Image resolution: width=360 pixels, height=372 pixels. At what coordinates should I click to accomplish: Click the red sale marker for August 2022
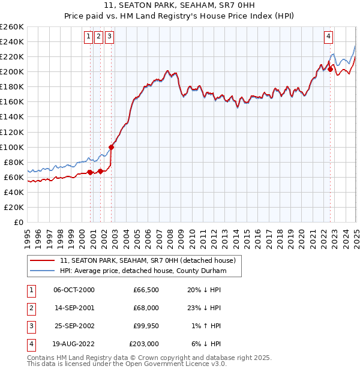(331, 69)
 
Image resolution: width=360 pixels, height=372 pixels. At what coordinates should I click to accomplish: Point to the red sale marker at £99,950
(111, 146)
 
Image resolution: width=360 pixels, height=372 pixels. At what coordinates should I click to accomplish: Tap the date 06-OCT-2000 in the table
(74, 290)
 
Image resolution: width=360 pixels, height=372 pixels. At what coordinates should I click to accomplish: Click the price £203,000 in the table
(144, 344)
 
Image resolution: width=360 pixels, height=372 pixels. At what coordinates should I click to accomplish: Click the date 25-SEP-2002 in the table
(74, 326)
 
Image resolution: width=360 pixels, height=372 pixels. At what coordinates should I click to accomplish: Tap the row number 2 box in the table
(29, 308)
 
